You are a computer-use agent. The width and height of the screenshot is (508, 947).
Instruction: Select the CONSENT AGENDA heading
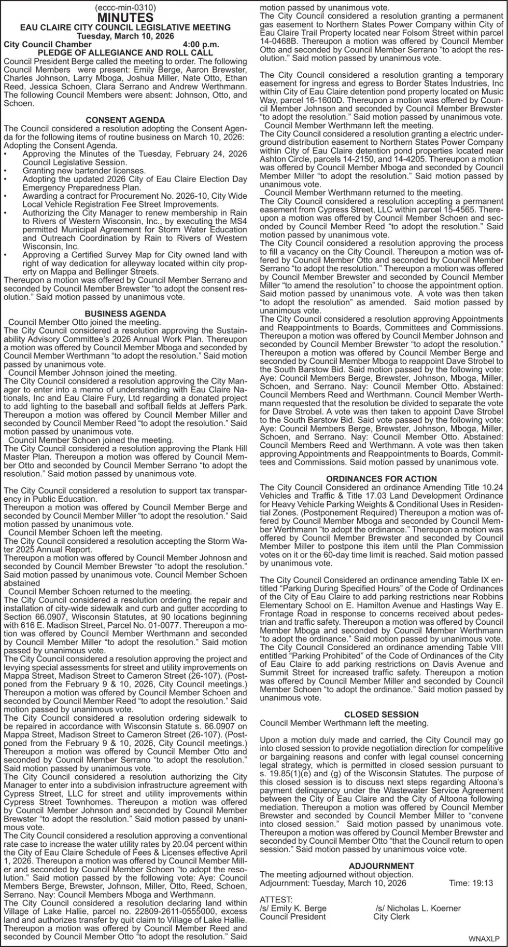point(125,120)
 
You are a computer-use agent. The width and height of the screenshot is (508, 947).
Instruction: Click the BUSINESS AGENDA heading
point(125,313)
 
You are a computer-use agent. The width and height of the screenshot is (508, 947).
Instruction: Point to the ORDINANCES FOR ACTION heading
point(382,478)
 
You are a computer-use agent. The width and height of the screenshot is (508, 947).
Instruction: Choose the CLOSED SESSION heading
point(382,714)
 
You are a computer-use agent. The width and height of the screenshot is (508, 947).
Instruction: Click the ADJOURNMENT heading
point(382,866)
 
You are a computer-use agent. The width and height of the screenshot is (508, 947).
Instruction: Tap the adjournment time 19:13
point(483,883)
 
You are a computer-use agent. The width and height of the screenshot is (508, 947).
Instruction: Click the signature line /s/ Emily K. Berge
point(293,908)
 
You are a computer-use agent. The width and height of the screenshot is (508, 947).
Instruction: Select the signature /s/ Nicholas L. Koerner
point(418,908)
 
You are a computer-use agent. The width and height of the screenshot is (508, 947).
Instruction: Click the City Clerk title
point(391,916)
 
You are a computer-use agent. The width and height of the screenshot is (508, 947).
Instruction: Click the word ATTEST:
point(276,900)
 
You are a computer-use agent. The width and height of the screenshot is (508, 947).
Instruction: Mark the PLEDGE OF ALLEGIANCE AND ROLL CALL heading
point(125,53)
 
